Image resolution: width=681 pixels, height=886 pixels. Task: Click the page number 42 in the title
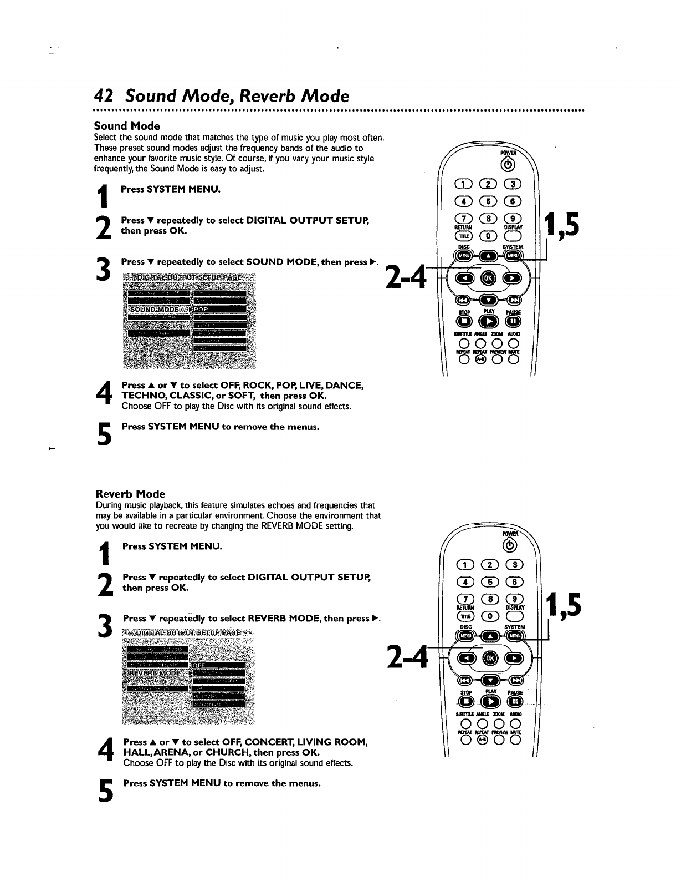[104, 96]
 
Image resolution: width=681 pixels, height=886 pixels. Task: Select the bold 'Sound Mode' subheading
[127, 126]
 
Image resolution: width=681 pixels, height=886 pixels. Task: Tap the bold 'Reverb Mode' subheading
[131, 494]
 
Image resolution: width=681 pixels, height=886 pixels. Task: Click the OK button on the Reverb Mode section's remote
[489, 658]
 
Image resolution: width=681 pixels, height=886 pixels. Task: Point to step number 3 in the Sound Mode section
[102, 270]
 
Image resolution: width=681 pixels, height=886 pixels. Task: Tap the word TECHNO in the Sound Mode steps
[141, 396]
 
